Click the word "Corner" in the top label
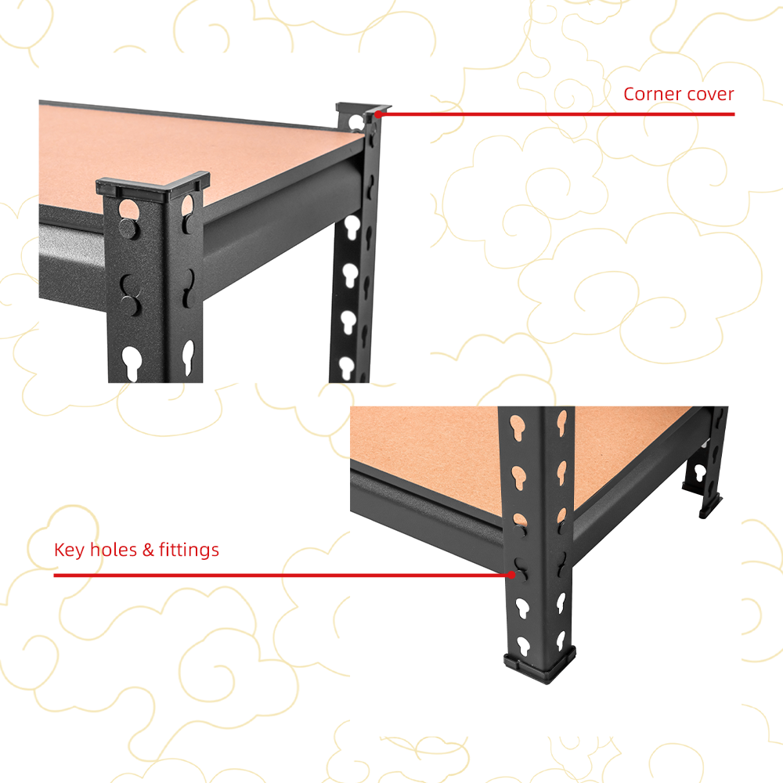[x=651, y=94]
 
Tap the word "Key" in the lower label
[x=70, y=550]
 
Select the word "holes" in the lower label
[x=114, y=550]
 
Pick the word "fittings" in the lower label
[x=189, y=550]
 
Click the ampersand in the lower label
[x=148, y=550]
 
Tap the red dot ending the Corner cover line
[x=378, y=114]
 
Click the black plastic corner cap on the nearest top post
[x=153, y=185]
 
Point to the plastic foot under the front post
[x=539, y=664]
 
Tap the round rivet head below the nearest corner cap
[x=128, y=229]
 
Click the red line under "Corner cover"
[x=557, y=114]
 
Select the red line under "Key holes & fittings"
[x=282, y=576]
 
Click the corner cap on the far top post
[x=363, y=108]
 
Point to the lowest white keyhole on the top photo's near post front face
[x=132, y=363]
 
